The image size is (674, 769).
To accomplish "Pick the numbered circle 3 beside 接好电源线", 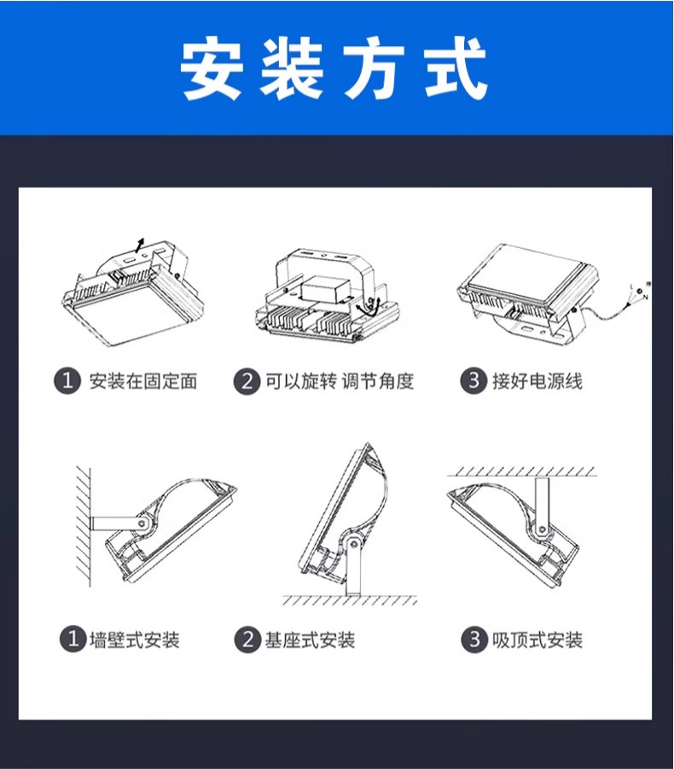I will click(474, 381).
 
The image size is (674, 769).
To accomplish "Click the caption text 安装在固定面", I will click(143, 381).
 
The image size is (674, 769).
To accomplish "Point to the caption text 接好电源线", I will click(537, 381).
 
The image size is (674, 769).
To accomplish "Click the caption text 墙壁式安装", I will click(135, 639).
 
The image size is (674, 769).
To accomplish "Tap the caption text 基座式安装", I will click(310, 639).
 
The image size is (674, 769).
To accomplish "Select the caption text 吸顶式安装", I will click(537, 639).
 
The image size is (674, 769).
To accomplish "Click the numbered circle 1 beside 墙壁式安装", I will click(72, 639).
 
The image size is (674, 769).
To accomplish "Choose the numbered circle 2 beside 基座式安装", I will click(247, 639).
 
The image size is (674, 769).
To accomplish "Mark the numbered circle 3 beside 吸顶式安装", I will click(474, 639).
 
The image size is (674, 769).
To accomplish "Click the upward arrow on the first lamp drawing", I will click(141, 246).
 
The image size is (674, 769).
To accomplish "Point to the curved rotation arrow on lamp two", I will click(369, 307).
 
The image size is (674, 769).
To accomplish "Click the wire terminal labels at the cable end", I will click(637, 292).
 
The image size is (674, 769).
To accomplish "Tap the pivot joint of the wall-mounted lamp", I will click(147, 521).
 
